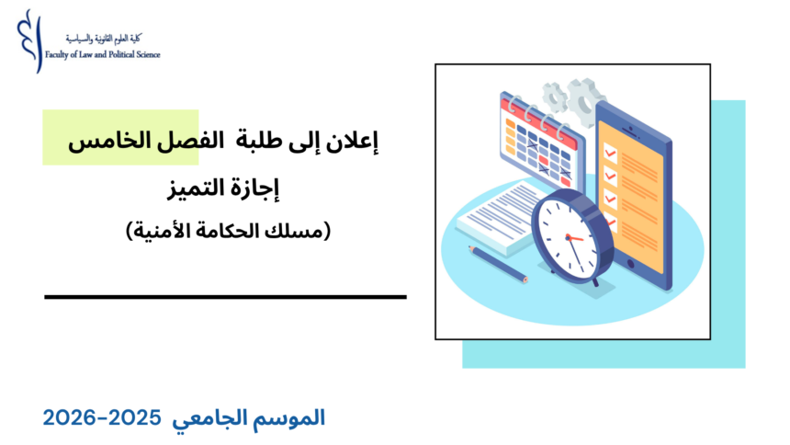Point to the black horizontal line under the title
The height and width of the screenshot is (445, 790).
[225, 297]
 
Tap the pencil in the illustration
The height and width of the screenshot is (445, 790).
[497, 263]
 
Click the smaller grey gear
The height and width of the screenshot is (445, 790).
[553, 96]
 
